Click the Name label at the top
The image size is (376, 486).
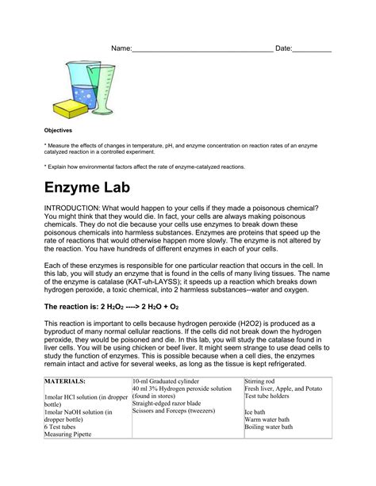point(121,49)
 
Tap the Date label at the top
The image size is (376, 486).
point(283,49)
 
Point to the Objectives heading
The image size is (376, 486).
point(58,129)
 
